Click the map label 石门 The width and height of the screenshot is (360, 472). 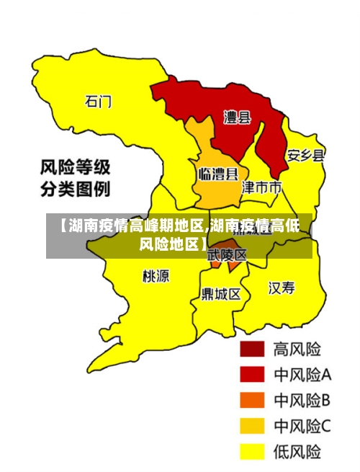point(99,102)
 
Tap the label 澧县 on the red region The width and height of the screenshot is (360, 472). point(237,117)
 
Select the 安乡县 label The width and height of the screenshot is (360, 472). point(305,156)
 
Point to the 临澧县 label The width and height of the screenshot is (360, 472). point(218,174)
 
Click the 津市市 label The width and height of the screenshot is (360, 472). point(261,188)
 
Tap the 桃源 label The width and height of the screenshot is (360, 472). point(156,276)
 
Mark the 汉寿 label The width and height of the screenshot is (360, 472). point(282,288)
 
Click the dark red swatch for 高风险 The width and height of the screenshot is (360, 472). point(252,349)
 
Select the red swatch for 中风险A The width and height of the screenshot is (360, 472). point(252,375)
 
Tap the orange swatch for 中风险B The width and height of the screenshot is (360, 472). point(252,400)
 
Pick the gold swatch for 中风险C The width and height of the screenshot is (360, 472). point(252,426)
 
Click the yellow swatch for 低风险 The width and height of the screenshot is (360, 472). point(252,452)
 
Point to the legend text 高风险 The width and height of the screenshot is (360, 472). point(297,349)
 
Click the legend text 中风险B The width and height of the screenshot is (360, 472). point(302,400)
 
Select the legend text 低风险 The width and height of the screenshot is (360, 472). point(297,452)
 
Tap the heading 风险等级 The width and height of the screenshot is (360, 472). point(75,169)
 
